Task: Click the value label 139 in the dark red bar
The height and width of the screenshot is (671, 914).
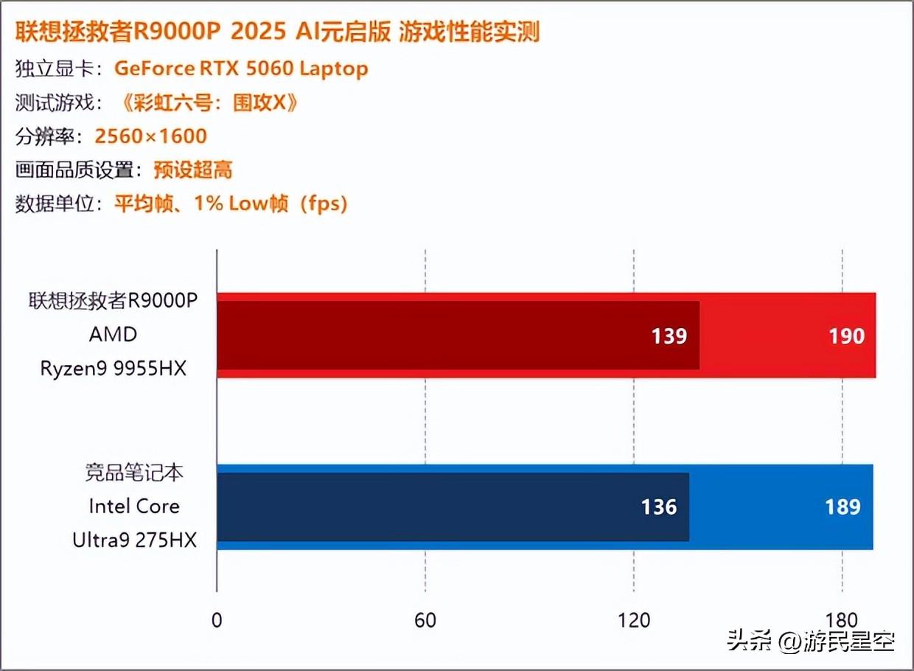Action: tap(669, 336)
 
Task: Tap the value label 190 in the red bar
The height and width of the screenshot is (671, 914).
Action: tap(845, 336)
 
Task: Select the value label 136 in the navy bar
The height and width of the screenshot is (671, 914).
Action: tap(658, 507)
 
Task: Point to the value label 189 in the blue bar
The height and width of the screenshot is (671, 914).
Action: tap(843, 507)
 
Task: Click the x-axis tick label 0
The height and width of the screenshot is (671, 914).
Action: tap(216, 619)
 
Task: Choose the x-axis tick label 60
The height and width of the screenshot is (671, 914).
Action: tap(425, 619)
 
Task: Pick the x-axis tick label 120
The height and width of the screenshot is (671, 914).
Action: tap(634, 619)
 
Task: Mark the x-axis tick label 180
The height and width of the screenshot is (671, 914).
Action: tap(843, 619)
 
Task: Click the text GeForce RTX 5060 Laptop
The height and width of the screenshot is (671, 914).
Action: tap(241, 69)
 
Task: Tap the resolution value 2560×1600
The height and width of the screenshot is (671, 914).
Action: tap(151, 136)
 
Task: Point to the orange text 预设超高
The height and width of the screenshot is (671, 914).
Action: tap(193, 170)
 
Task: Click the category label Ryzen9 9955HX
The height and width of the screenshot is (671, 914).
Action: tap(114, 368)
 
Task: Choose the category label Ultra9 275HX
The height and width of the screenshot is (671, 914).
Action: tap(134, 540)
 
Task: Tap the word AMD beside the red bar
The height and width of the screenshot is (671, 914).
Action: tap(114, 334)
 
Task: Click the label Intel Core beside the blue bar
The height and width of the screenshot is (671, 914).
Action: tap(134, 507)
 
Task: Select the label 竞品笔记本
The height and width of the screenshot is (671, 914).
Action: tap(134, 473)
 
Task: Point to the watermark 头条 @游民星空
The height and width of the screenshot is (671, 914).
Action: tap(811, 641)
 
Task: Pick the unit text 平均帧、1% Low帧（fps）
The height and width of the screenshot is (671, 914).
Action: tap(231, 204)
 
